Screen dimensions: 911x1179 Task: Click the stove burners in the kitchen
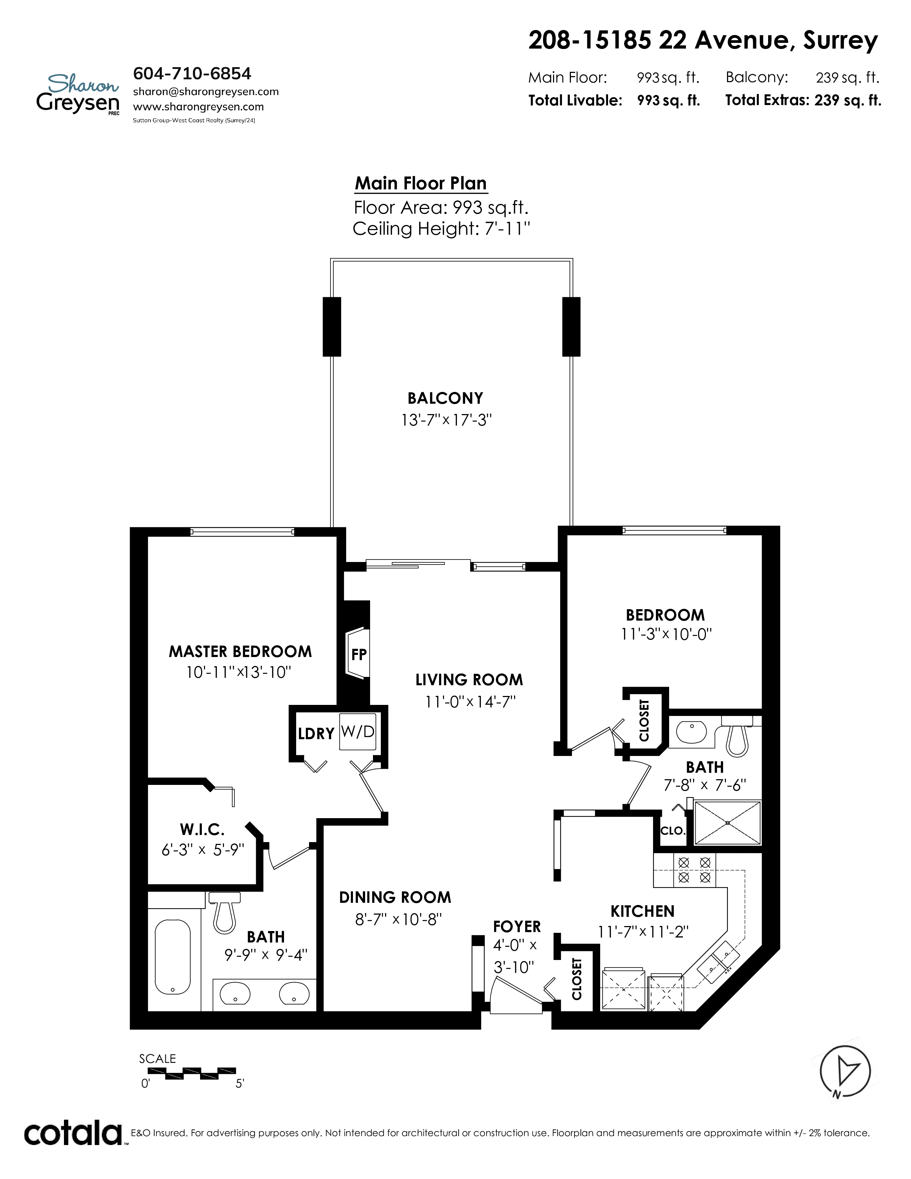694,870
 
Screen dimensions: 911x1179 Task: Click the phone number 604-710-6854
192,73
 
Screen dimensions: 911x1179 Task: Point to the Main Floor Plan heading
421,184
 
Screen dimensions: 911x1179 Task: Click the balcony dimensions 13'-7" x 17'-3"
446,420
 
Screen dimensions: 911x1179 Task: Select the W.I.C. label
202,829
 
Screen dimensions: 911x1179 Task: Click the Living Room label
469,680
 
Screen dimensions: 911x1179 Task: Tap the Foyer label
517,926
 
